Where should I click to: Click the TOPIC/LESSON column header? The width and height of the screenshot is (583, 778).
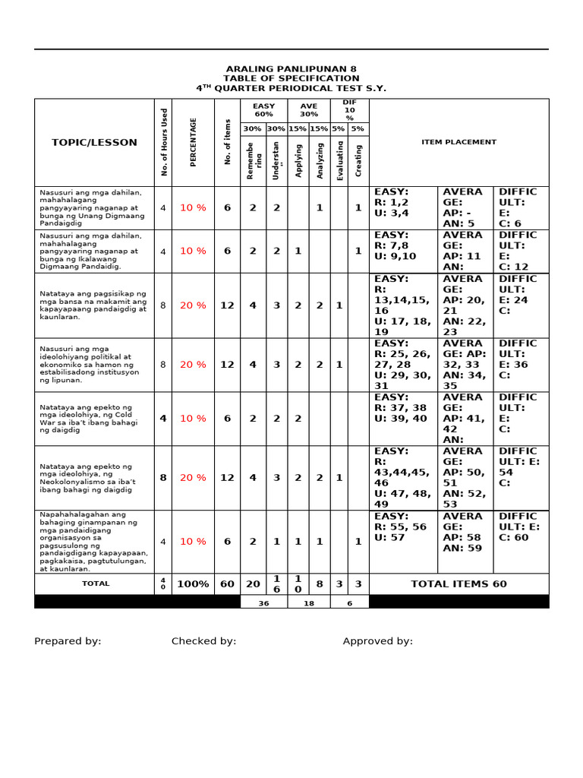point(94,142)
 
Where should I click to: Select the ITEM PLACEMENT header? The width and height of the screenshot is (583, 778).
point(459,142)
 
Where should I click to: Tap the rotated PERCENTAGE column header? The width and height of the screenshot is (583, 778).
point(194,142)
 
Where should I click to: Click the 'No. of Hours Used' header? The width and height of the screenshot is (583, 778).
point(164,142)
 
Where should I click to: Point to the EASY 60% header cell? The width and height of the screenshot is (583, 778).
point(263,110)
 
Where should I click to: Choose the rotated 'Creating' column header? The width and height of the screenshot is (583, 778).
point(358,160)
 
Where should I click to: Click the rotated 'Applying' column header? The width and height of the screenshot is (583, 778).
point(298,160)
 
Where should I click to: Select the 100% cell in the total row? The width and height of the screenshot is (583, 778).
point(193,584)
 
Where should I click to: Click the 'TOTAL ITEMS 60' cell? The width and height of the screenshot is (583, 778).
point(459,584)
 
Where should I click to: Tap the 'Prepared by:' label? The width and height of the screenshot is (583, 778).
point(68,641)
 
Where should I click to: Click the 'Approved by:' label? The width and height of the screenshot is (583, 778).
point(377,641)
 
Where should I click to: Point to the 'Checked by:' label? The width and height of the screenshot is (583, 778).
point(203,641)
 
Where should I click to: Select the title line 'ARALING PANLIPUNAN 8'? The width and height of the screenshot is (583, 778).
point(291,68)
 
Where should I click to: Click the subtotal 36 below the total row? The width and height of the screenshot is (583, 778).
point(263,602)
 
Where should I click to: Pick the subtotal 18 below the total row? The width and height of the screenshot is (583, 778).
point(309,602)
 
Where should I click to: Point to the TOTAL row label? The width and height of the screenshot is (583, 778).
point(96,584)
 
